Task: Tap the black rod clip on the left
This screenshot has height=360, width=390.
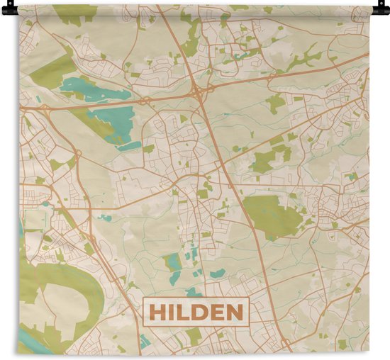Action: (x=6, y=9)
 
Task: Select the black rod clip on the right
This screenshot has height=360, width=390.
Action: (x=384, y=9)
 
